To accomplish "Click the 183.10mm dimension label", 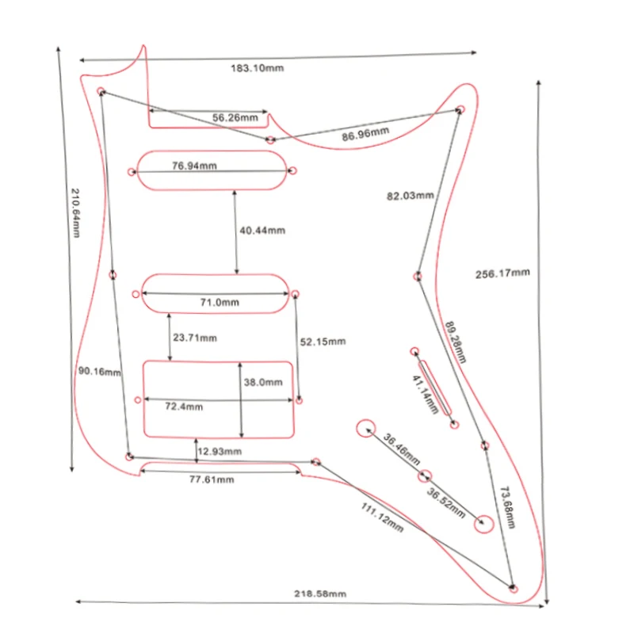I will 257,67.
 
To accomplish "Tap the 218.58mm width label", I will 321,594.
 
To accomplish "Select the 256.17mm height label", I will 502,273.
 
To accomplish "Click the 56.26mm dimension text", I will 235,118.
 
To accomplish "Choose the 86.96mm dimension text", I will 365,135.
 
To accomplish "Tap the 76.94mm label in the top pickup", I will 194,166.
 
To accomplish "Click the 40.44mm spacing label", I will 262,230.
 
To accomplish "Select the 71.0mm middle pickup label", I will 220,302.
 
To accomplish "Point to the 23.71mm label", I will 195,338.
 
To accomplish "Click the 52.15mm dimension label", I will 323,342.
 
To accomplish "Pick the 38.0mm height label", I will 263,382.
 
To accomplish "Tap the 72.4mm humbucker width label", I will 183,407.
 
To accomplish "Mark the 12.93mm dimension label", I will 220,451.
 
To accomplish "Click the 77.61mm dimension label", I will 212,479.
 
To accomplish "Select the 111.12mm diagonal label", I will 382,517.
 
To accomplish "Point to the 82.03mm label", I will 410,195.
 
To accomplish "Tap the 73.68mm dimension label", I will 506,508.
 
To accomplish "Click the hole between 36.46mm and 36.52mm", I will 425,476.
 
